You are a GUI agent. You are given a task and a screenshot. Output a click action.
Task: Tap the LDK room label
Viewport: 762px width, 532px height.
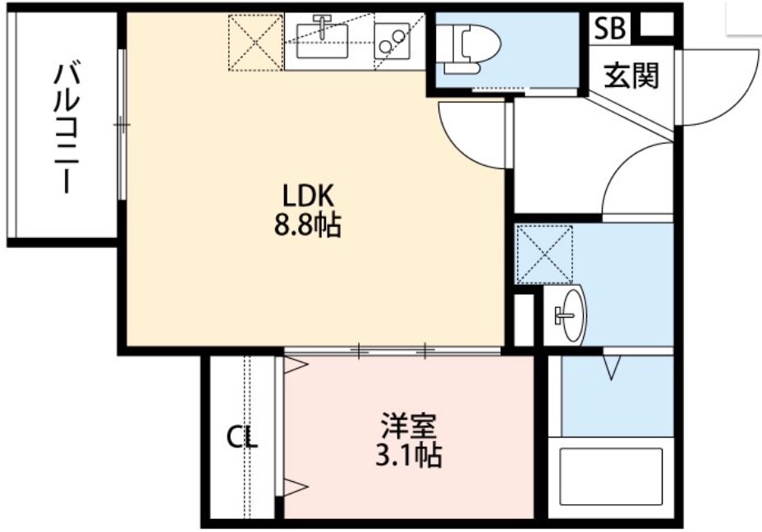[307, 195]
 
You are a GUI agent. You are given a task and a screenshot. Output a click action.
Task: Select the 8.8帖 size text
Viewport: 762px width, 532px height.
[307, 224]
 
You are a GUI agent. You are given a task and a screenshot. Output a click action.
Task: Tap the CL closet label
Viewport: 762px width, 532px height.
[242, 438]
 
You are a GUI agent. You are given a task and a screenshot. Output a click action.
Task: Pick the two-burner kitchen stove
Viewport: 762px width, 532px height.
[392, 39]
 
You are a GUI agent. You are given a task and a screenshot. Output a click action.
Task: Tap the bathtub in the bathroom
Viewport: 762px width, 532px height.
[610, 479]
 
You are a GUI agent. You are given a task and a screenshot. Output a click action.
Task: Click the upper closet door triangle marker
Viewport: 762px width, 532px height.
[293, 366]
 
